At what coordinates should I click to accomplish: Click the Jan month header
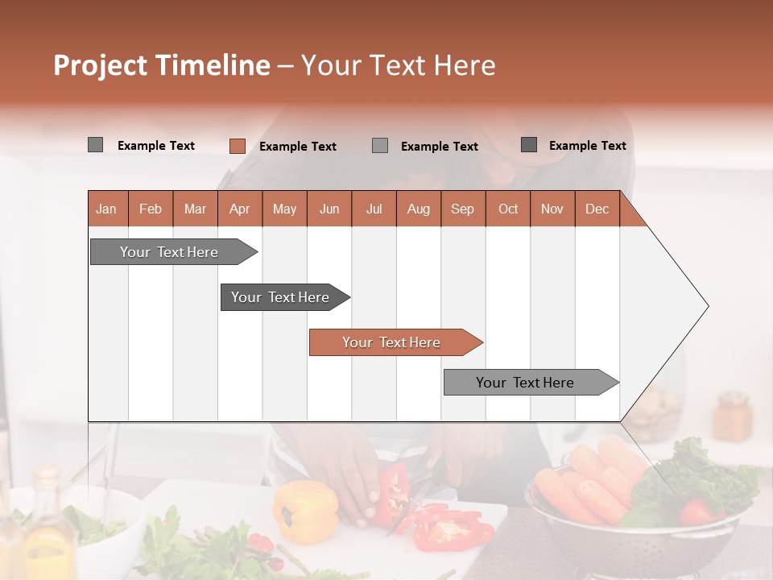point(107,209)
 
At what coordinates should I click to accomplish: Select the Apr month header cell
point(240,209)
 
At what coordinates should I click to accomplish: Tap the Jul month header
point(374,209)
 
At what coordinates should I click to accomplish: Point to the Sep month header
point(463,209)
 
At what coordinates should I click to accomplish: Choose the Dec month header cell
point(597,209)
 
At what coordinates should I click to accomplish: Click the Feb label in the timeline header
point(151,209)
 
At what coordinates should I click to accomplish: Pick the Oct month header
point(508,209)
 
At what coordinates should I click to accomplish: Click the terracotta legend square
point(237,146)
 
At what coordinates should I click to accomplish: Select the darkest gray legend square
point(529,145)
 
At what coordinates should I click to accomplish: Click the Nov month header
point(552,209)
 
